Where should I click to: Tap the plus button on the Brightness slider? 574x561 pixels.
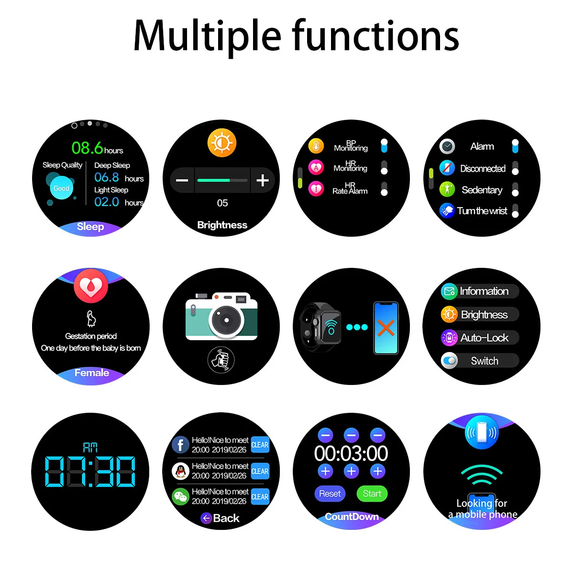[x=262, y=180]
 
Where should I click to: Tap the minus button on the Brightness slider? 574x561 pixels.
[x=182, y=180]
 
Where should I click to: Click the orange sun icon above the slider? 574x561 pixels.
[x=222, y=143]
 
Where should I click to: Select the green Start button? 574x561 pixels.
[x=372, y=494]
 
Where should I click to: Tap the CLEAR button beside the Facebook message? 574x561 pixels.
[x=260, y=445]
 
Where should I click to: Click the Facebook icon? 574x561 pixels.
[x=180, y=445]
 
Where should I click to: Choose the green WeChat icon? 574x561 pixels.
[x=180, y=496]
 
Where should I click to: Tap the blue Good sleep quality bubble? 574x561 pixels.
[x=61, y=188]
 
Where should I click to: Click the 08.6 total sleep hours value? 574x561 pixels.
[x=88, y=148]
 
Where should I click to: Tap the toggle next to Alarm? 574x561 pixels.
[x=515, y=146]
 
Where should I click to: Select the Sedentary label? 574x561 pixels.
[x=482, y=190]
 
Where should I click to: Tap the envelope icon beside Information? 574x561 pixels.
[x=449, y=291]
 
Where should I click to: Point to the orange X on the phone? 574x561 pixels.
[x=386, y=328]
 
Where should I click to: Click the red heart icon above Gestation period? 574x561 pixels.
[x=91, y=286]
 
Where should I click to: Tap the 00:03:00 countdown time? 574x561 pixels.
[x=351, y=453]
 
